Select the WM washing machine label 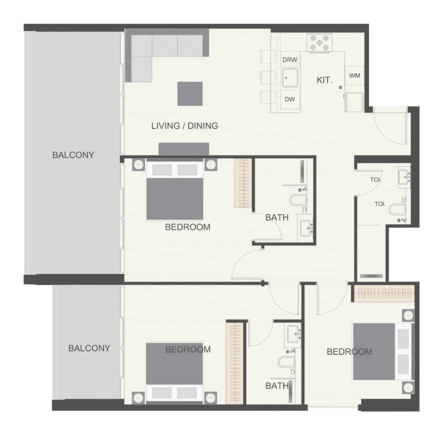pyautogui.click(x=354, y=75)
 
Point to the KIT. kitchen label pyautogui.click(x=324, y=79)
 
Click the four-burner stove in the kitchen pyautogui.click(x=319, y=42)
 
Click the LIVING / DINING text pyautogui.click(x=184, y=126)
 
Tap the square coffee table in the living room pyautogui.click(x=190, y=94)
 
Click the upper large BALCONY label pyautogui.click(x=73, y=155)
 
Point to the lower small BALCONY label pyautogui.click(x=89, y=348)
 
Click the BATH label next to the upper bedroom pyautogui.click(x=277, y=217)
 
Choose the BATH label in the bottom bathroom pyautogui.click(x=277, y=386)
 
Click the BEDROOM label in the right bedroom pyautogui.click(x=349, y=352)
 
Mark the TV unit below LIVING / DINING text pyautogui.click(x=184, y=149)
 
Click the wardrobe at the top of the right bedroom pyautogui.click(x=384, y=294)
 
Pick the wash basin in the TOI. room pyautogui.click(x=404, y=175)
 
